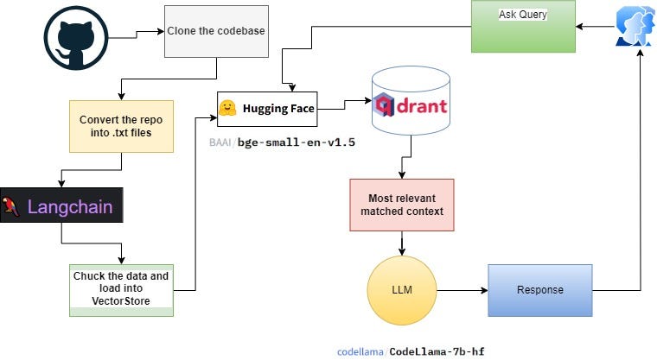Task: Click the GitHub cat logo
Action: click(76, 38)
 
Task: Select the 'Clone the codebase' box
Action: click(216, 31)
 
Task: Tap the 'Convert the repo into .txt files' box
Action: click(121, 126)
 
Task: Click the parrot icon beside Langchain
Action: click(10, 207)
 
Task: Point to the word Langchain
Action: click(70, 207)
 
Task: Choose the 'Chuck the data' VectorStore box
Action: click(121, 290)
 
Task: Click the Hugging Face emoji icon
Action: click(227, 108)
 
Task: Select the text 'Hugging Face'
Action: click(278, 109)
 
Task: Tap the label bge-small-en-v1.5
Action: click(297, 142)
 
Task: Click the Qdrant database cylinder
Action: click(411, 100)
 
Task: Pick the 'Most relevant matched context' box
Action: click(402, 205)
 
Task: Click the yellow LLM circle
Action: click(402, 290)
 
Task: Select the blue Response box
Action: click(540, 290)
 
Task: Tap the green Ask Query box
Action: click(523, 27)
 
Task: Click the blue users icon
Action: click(635, 26)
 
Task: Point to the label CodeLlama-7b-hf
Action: click(437, 351)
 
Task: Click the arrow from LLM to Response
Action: click(462, 290)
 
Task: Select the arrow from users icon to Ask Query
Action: click(596, 27)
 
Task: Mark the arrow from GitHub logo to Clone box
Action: click(137, 35)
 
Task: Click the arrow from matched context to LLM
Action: click(402, 243)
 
